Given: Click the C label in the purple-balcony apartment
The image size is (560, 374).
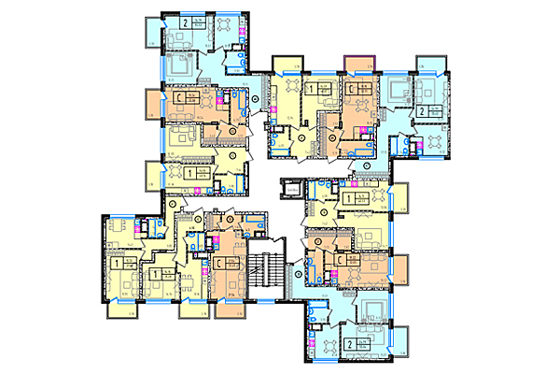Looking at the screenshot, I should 349,91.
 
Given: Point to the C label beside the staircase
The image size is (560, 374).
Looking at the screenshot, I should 217,263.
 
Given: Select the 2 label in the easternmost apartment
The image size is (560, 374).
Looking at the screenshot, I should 421,110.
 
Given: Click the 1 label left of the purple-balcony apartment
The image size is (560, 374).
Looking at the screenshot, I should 309,90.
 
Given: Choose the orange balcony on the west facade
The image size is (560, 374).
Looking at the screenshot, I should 150,102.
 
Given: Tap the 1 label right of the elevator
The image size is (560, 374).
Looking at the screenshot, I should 346,196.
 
